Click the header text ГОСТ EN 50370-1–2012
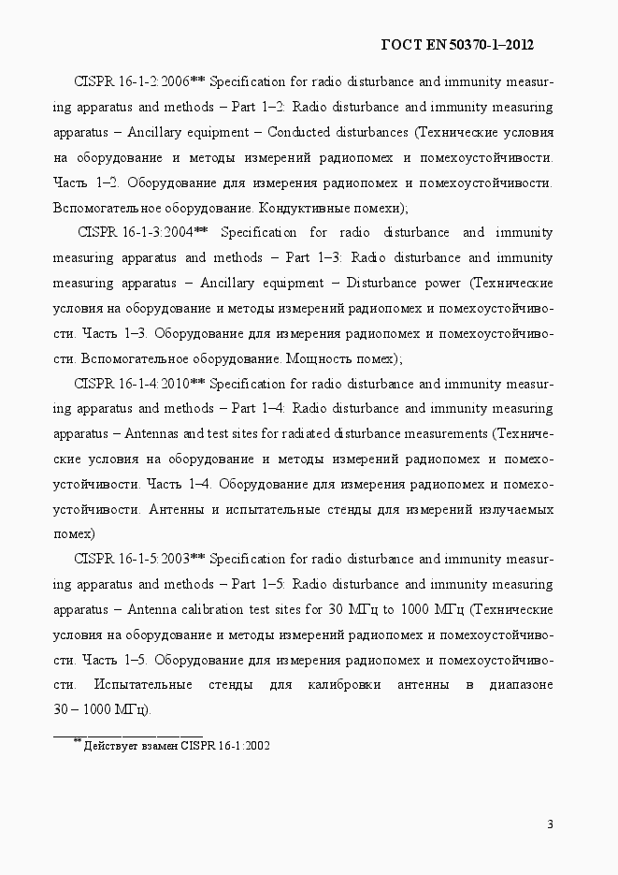458,44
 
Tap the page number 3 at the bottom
550,824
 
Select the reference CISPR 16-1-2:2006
131,81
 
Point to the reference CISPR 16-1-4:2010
131,384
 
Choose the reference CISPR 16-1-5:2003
131,560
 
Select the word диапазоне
520,685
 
